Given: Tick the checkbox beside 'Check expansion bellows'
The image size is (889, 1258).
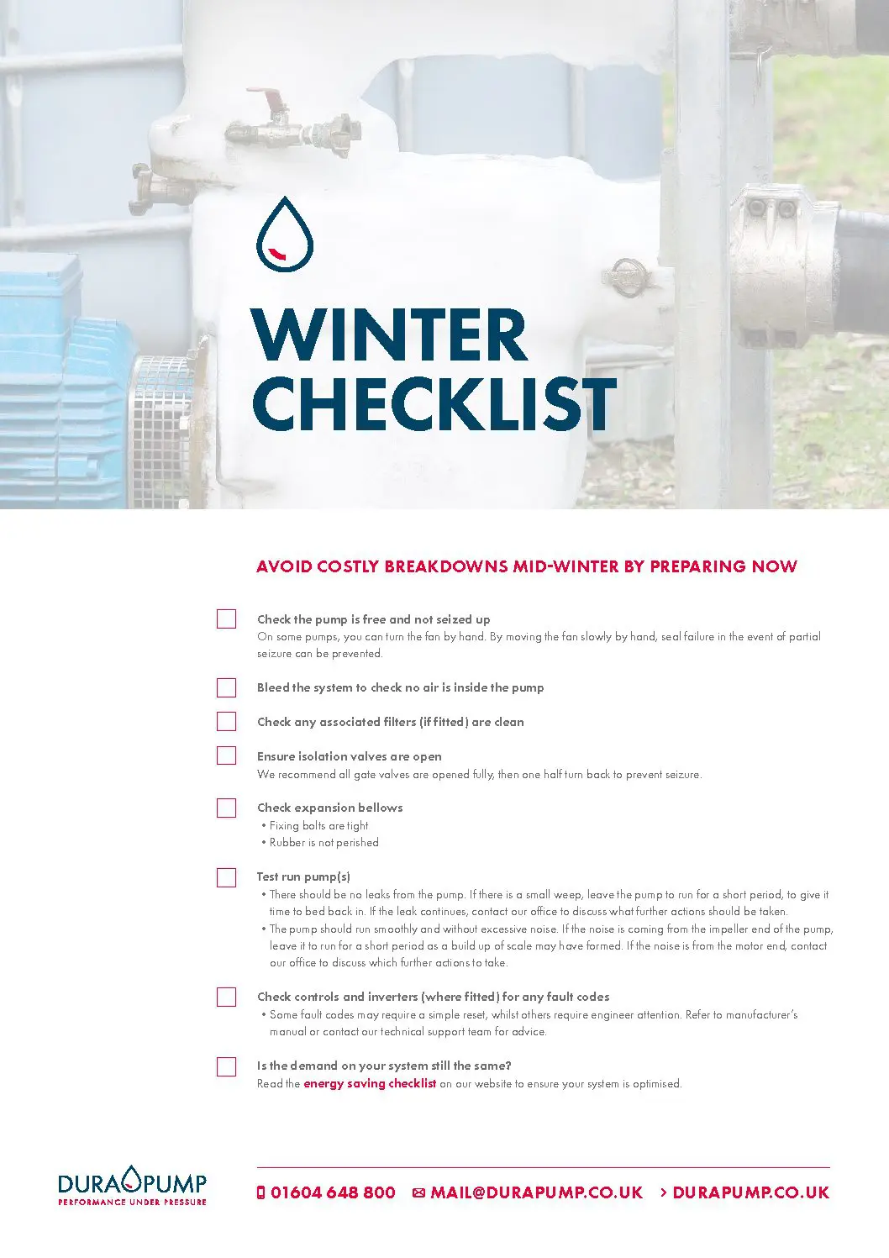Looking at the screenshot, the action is (226, 808).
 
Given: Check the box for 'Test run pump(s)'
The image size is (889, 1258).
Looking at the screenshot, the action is (226, 878).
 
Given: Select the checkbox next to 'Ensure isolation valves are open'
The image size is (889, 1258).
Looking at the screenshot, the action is (226, 756).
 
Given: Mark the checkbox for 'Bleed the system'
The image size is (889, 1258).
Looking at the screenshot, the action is (226, 688).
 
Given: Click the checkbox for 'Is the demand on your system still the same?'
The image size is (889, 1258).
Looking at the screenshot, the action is (226, 1067).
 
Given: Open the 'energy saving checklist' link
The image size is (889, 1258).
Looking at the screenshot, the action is (370, 1084).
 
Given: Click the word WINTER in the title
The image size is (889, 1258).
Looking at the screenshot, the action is (388, 335).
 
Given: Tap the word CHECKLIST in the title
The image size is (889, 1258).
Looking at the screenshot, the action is (434, 403).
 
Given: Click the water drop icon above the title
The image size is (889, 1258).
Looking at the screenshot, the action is (285, 234).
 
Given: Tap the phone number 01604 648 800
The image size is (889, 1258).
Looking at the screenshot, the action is (333, 1193).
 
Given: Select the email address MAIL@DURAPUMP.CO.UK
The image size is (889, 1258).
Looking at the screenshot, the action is (536, 1193).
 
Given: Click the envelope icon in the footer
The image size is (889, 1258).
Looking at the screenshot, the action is (419, 1193).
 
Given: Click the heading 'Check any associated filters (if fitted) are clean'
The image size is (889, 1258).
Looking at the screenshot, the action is (391, 722).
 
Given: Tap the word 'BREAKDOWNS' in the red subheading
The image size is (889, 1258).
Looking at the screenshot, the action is (446, 566).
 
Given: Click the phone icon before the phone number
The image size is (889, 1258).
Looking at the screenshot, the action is (260, 1193).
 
